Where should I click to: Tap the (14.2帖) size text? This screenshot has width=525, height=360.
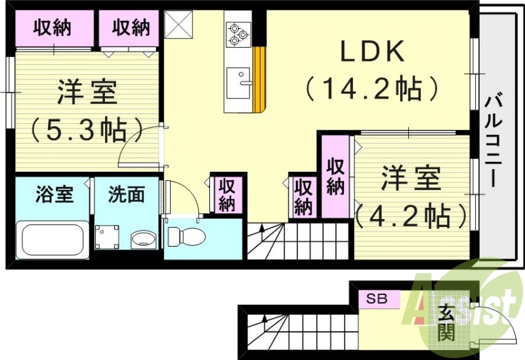[371, 89]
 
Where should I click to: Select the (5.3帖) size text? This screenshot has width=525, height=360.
[87, 129]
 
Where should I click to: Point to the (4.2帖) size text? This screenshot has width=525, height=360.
[412, 213]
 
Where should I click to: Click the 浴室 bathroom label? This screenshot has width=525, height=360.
[54, 194]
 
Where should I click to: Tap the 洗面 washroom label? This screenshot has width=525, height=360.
[126, 194]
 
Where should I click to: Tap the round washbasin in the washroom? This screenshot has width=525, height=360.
[140, 239]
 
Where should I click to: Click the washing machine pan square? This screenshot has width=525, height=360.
[107, 237]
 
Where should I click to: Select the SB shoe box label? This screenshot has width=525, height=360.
[377, 300]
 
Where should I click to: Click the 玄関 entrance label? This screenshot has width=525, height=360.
[446, 323]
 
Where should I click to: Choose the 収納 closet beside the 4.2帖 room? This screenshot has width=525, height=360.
[335, 176]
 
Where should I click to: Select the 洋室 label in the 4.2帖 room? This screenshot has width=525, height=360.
[411, 178]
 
